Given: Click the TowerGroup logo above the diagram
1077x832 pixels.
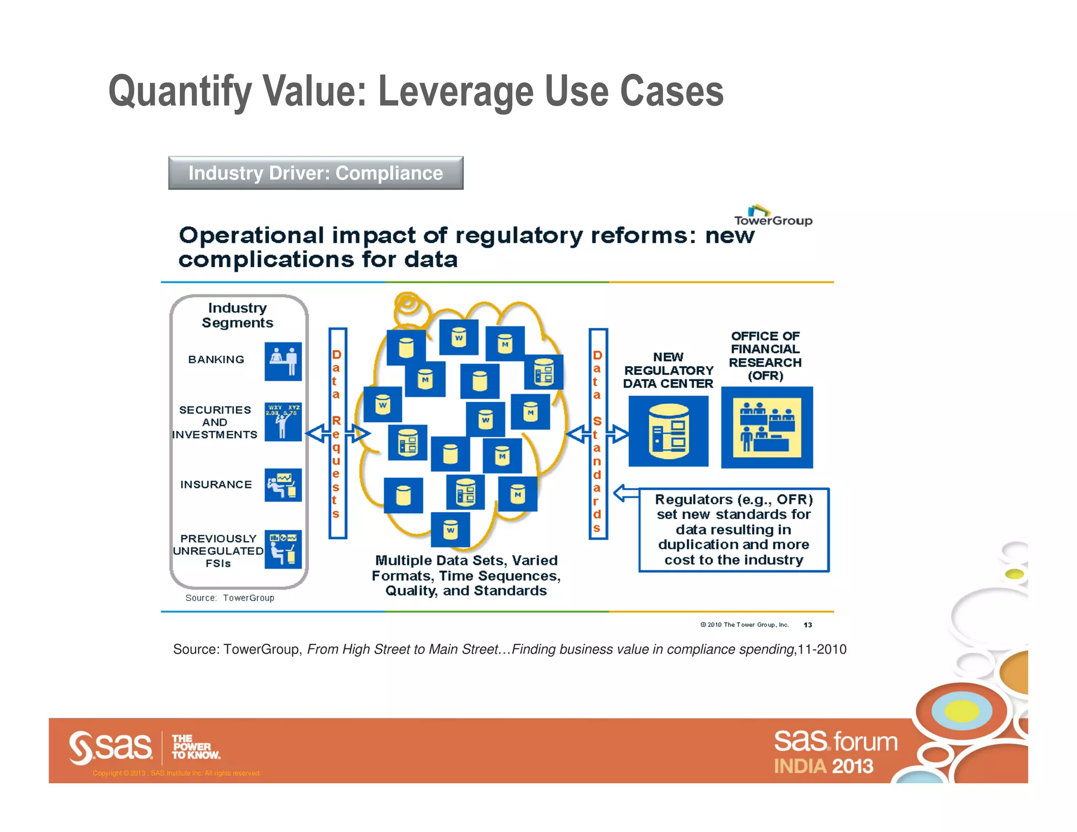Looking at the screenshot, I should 773,216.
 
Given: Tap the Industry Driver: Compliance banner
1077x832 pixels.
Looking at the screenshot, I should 316,173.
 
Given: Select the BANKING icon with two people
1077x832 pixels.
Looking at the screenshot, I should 283,361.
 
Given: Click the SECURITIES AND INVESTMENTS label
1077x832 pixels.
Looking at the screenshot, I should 215,422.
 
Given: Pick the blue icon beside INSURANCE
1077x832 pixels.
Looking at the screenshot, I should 283,485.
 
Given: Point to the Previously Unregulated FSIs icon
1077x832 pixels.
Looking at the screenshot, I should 283,549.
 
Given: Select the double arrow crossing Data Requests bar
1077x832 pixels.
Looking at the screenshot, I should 338,434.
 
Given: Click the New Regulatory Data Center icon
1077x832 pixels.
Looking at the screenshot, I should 668,431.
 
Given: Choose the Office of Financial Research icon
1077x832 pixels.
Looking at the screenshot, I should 766,428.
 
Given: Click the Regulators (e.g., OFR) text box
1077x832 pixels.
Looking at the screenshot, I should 734,530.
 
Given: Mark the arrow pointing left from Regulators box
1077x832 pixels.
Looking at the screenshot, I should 626,493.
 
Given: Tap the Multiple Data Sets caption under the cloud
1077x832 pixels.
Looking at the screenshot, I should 466,575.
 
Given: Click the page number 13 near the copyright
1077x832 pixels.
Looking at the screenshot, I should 808,625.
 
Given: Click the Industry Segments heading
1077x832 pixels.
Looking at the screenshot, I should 238,315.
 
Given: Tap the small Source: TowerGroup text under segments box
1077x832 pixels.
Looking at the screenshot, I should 230,598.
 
